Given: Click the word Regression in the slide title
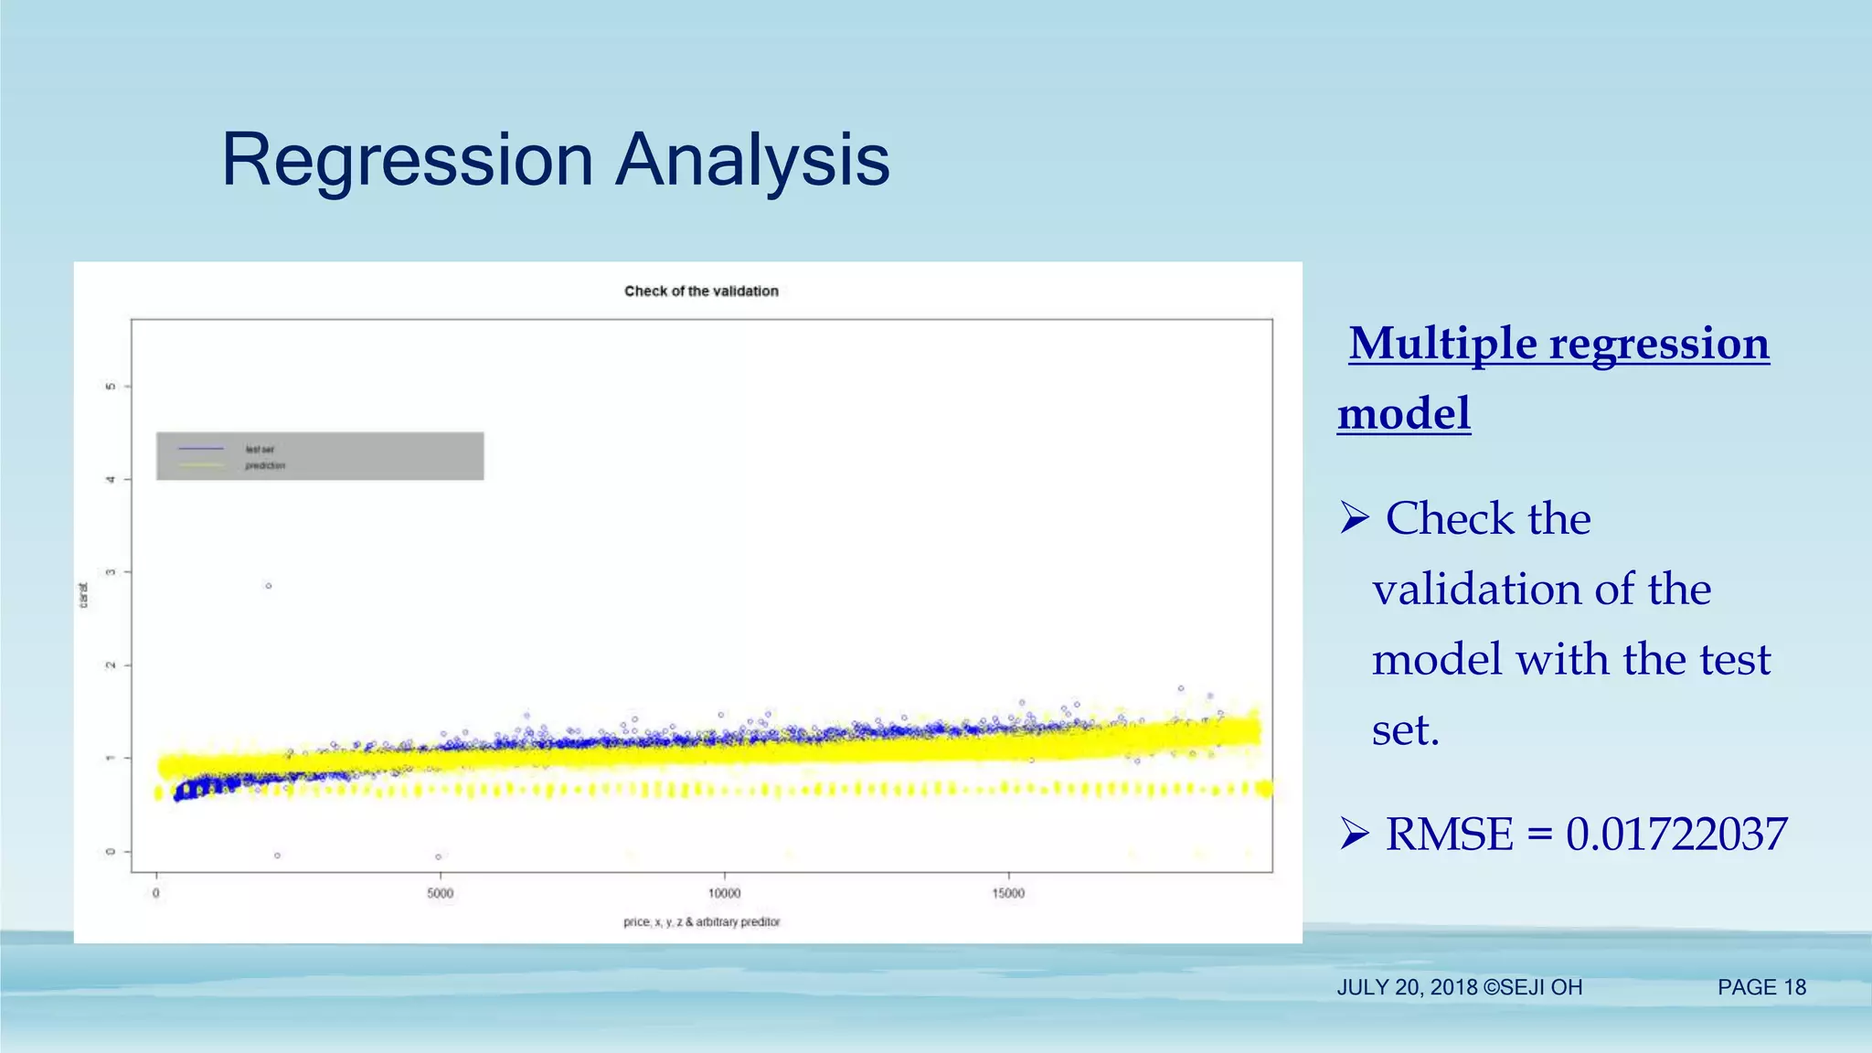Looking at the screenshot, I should click(408, 161).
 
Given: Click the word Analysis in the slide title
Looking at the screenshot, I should click(752, 161).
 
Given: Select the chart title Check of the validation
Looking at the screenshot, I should click(701, 291).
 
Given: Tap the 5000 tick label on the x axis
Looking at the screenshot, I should click(440, 893).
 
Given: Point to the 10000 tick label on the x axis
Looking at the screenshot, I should click(724, 893).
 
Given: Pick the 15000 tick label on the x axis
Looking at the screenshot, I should click(1008, 893).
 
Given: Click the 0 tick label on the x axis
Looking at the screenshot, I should click(156, 893).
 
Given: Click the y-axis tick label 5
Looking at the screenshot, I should click(111, 387).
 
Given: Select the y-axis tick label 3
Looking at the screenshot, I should click(111, 572).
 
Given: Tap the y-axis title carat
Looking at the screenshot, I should click(83, 595).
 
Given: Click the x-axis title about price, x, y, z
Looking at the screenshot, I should click(701, 921).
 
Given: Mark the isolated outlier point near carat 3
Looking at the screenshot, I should click(268, 586).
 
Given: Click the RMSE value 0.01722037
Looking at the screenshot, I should click(1675, 834).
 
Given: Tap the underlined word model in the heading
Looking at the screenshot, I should click(1404, 414).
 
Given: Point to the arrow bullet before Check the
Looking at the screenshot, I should click(1354, 518).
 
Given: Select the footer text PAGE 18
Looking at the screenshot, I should click(1761, 987).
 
